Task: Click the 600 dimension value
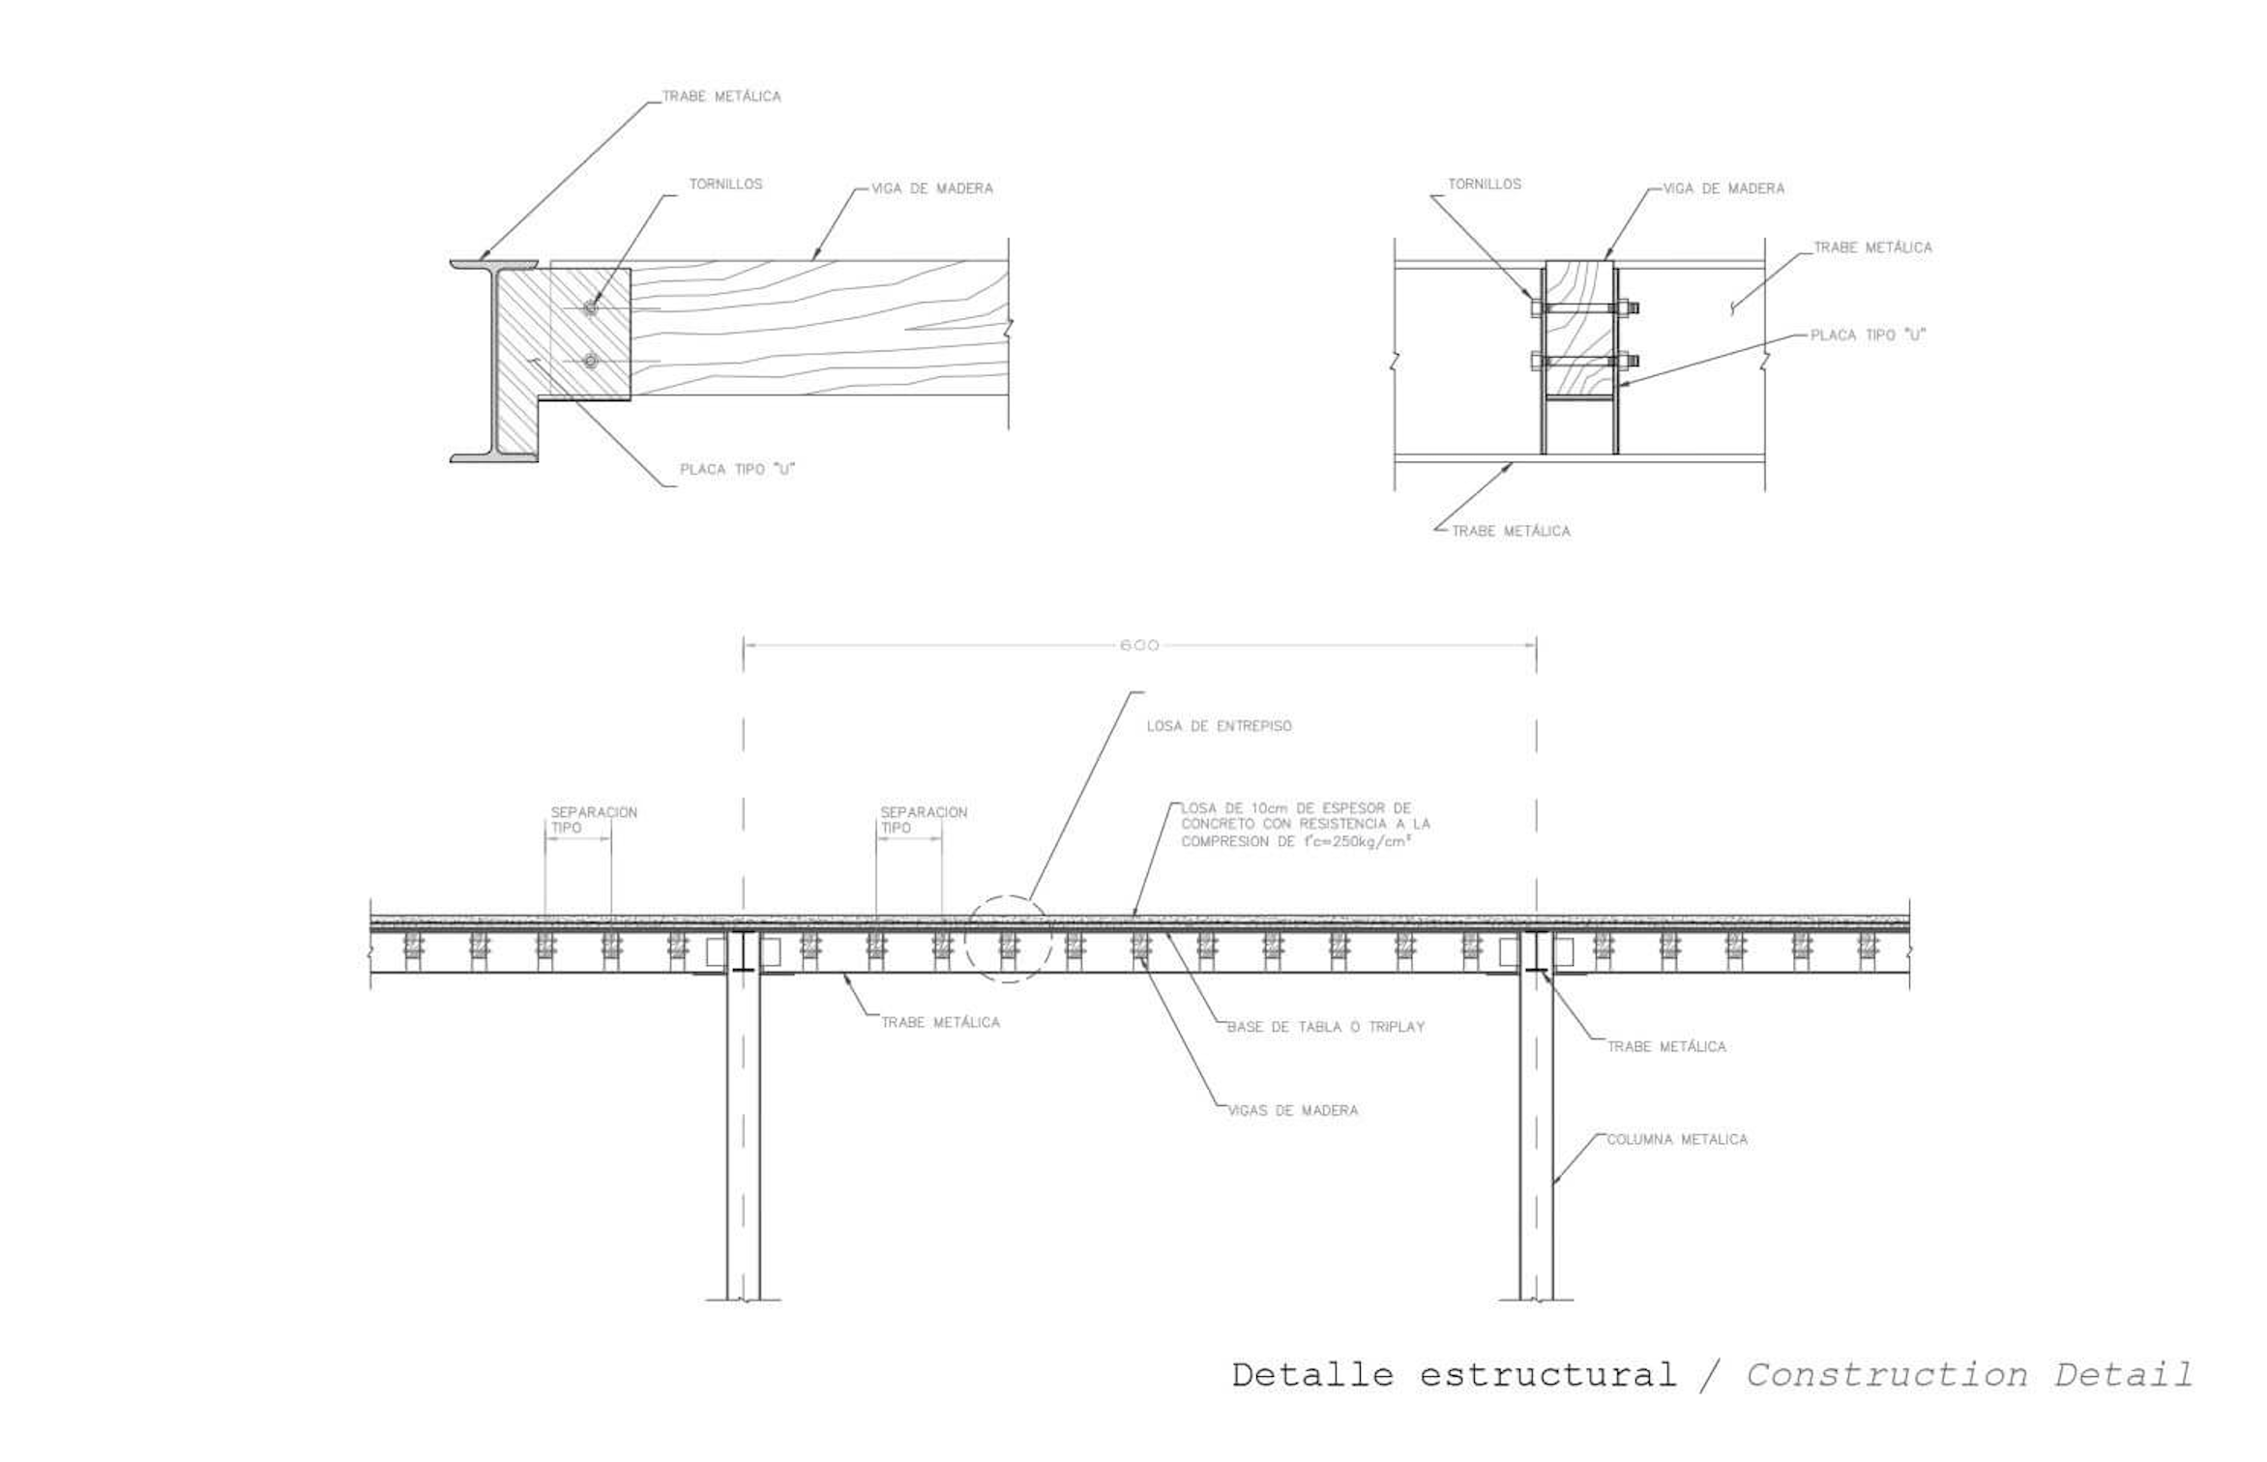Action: click(1138, 645)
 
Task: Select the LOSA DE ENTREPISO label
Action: click(1219, 726)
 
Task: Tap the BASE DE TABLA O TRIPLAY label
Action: click(1326, 1027)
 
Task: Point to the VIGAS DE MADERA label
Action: click(1292, 1110)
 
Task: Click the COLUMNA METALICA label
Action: click(1677, 1139)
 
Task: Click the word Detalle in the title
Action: click(1312, 1374)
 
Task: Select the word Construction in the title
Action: click(1886, 1374)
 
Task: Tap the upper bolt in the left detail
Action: click(591, 308)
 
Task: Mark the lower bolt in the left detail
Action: click(591, 362)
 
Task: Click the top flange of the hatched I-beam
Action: click(494, 264)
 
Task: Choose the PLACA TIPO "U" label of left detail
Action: click(737, 469)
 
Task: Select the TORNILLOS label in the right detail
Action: click(1484, 184)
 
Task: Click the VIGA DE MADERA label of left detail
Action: click(932, 189)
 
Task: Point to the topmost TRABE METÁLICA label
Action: click(721, 97)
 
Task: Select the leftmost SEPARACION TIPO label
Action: click(594, 820)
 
